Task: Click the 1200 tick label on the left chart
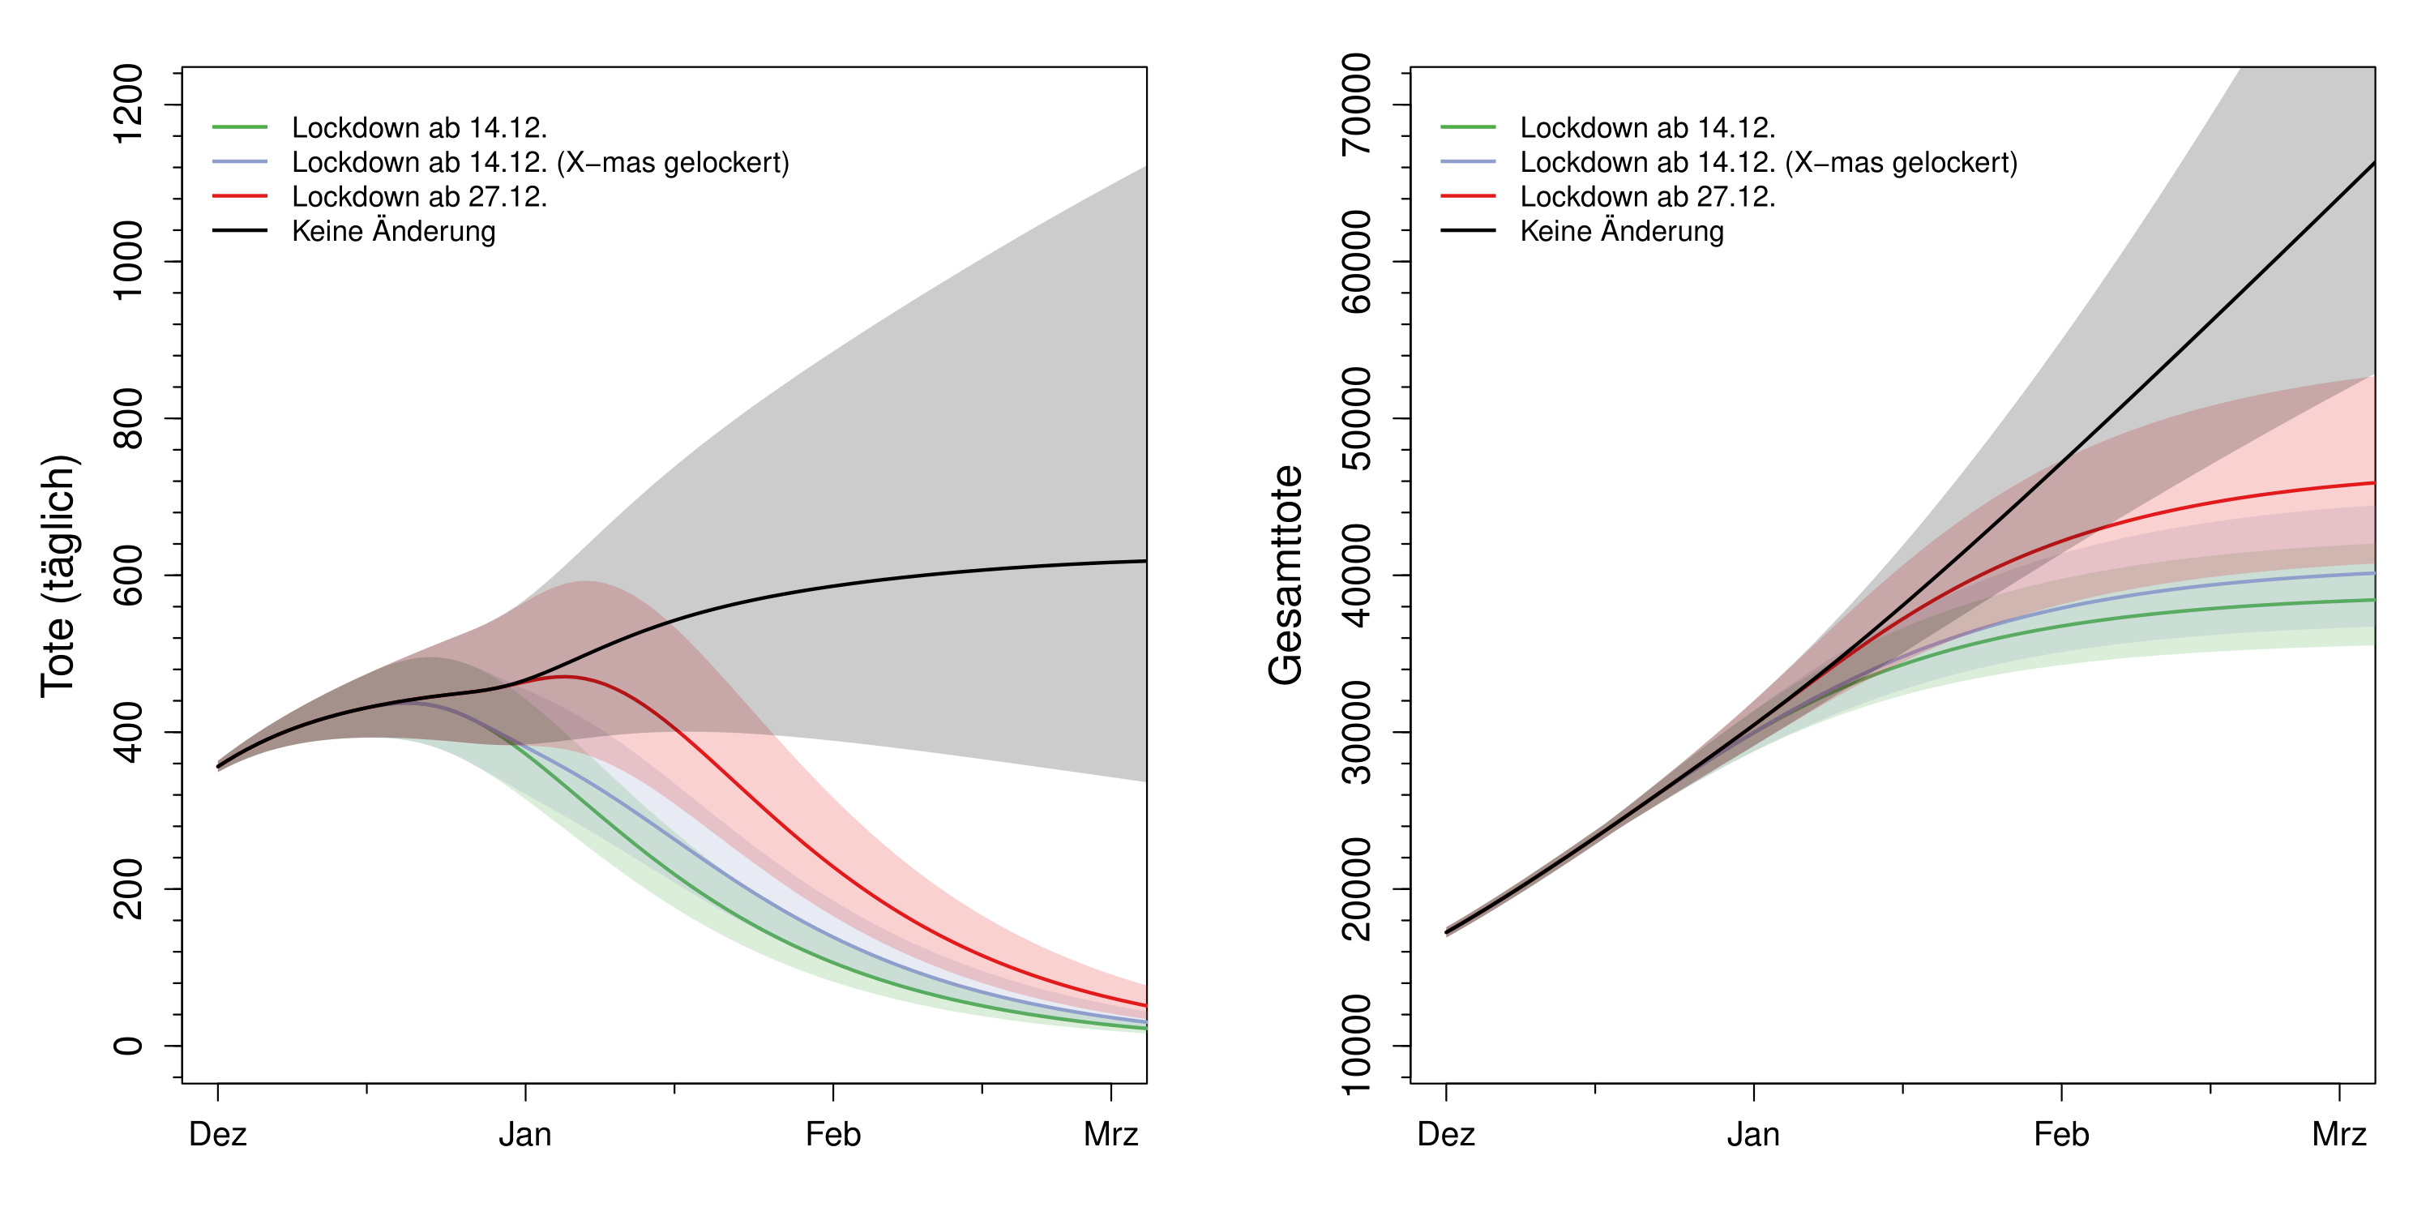(x=127, y=104)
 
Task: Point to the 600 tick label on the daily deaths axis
(x=127, y=575)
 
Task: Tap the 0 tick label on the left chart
(x=127, y=1045)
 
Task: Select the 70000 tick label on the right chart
(x=1355, y=104)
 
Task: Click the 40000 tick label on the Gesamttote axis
(x=1355, y=575)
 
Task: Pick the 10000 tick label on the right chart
(x=1355, y=1045)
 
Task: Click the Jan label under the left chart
(x=524, y=1135)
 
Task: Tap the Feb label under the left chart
(x=832, y=1135)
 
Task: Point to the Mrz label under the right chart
(x=2339, y=1135)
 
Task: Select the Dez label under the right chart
(x=1445, y=1135)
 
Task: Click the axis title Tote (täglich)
(x=58, y=576)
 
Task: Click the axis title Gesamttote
(x=1286, y=576)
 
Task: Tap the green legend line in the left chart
(x=240, y=126)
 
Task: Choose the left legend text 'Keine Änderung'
(x=393, y=232)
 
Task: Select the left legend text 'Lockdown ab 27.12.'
(x=419, y=197)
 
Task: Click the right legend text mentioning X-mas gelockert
(x=1769, y=162)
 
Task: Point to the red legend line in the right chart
(x=1468, y=196)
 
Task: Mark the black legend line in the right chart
(x=1468, y=230)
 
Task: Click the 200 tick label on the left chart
(x=127, y=888)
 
